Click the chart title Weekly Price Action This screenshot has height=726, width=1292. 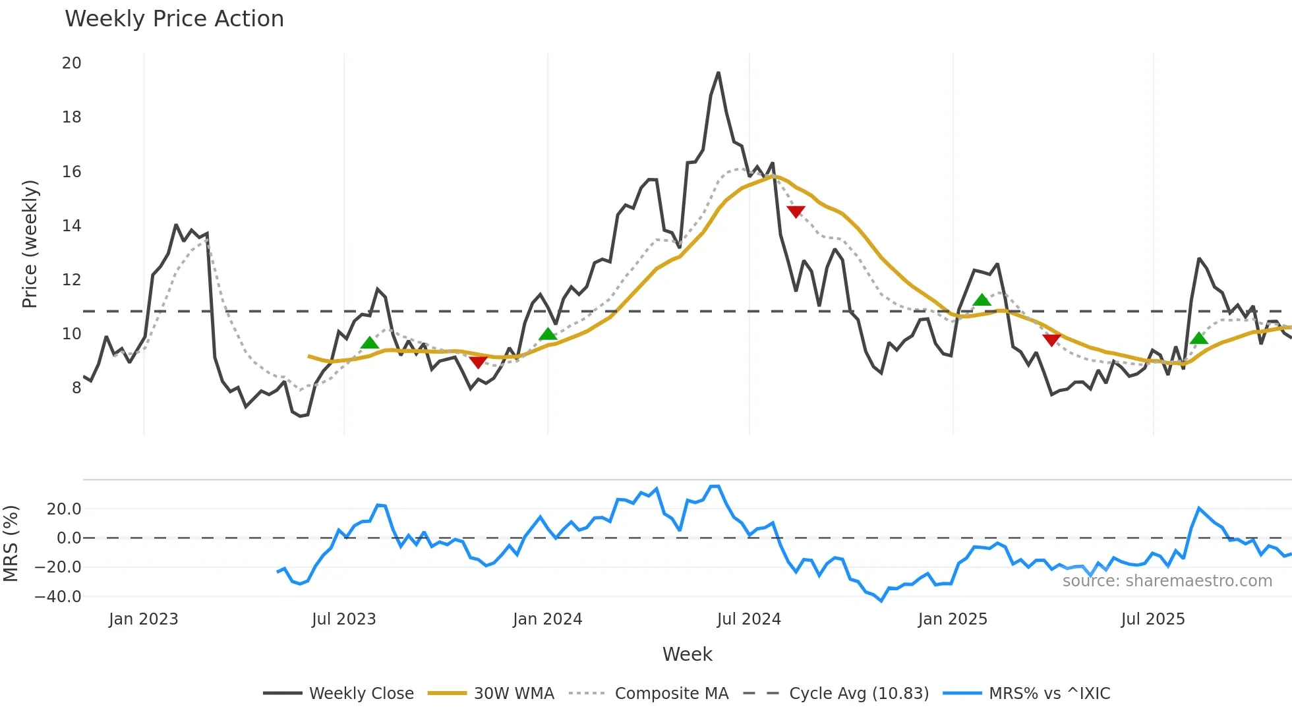tap(174, 19)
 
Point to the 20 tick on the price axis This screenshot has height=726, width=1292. tap(71, 63)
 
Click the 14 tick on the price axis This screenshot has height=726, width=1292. tap(71, 226)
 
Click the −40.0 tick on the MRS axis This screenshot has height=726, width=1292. tap(58, 597)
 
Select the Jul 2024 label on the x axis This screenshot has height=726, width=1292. tap(749, 619)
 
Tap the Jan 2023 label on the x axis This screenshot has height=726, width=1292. tap(143, 619)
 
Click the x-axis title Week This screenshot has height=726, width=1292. tap(687, 654)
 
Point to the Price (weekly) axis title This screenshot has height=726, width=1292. tap(30, 244)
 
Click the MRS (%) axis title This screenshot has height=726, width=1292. tap(11, 544)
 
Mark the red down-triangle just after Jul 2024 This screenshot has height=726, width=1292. tap(796, 211)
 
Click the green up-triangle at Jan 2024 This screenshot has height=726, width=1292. tap(548, 335)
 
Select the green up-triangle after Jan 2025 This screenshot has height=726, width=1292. tap(982, 300)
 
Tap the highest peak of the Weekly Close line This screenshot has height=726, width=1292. tap(719, 72)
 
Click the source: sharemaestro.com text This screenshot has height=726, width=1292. tap(1167, 581)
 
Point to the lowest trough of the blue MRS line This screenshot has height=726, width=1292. tap(881, 601)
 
